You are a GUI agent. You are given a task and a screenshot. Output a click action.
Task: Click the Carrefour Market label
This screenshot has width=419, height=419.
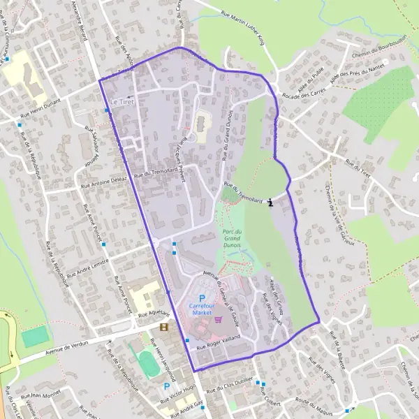[202, 309]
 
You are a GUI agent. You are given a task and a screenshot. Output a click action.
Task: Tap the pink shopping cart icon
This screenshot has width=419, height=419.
[219, 318]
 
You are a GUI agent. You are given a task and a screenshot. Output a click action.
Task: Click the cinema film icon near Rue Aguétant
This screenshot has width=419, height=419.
[163, 327]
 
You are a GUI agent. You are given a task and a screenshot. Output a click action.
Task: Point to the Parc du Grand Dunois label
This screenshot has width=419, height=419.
[233, 240]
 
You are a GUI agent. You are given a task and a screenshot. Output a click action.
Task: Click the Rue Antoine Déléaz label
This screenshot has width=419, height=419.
[105, 182]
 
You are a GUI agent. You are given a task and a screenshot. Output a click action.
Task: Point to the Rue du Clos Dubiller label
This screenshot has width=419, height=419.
[228, 387]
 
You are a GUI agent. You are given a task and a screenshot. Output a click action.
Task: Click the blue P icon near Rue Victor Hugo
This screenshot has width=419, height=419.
[167, 385]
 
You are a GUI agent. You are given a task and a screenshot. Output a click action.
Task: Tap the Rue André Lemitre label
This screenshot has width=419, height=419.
[81, 270]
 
